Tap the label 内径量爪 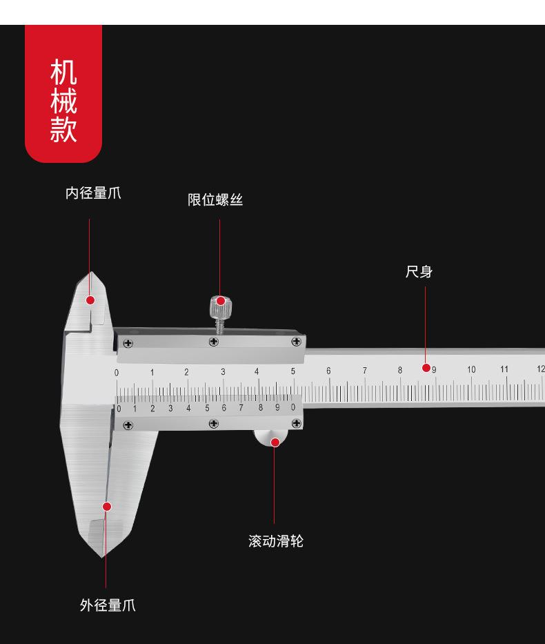pyautogui.click(x=93, y=193)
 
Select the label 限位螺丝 pyautogui.click(x=215, y=200)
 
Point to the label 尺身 pyautogui.click(x=419, y=272)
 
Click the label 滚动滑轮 pyautogui.click(x=275, y=541)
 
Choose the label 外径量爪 pyautogui.click(x=108, y=606)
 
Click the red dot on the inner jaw pyautogui.click(x=90, y=300)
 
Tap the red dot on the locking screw pyautogui.click(x=221, y=301)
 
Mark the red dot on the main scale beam pyautogui.click(x=426, y=368)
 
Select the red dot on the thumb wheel pyautogui.click(x=275, y=442)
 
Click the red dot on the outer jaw pyautogui.click(x=107, y=507)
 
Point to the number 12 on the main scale pyautogui.click(x=540, y=369)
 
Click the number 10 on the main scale pyautogui.click(x=471, y=370)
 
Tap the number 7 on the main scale pyautogui.click(x=365, y=371)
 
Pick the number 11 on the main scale pyautogui.click(x=504, y=369)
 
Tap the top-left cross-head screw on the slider pyautogui.click(x=127, y=342)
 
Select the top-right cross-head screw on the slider pyautogui.click(x=297, y=341)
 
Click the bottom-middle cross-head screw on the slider pyautogui.click(x=213, y=424)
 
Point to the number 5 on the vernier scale pyautogui.click(x=207, y=408)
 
